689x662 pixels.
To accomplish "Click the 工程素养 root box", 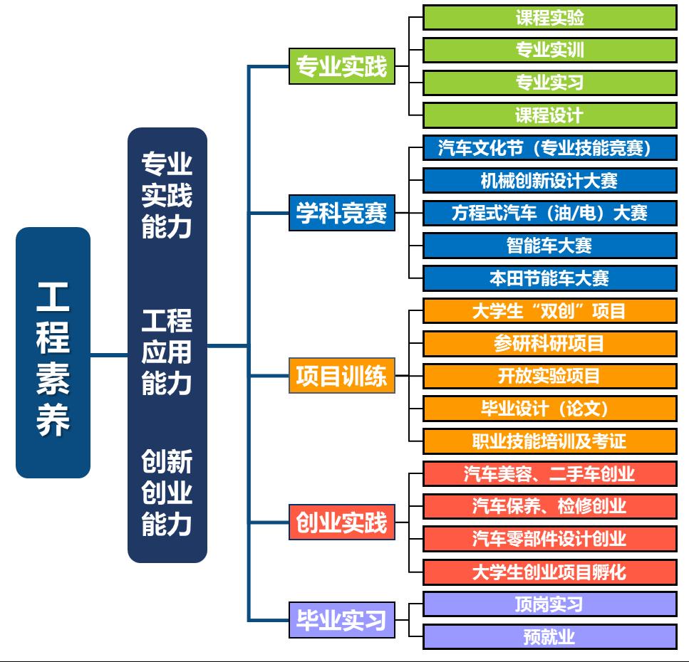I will click(53, 352).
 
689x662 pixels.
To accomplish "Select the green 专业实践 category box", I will click(341, 67).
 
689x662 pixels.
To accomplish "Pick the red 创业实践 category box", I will click(341, 523).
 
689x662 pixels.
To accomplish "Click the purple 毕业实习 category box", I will click(341, 620).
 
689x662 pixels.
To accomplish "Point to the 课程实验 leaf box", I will click(549, 18).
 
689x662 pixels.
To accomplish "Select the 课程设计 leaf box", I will click(549, 115).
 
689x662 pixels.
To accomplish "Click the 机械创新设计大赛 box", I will click(549, 181).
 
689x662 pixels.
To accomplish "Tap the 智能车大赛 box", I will click(549, 246).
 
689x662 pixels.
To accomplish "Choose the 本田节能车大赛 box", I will click(549, 278).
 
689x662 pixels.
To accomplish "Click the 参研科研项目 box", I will click(549, 344).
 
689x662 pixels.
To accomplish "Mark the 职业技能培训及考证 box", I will click(549, 441).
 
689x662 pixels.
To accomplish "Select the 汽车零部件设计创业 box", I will click(549, 539).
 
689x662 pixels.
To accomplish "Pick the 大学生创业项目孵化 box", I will click(549, 572).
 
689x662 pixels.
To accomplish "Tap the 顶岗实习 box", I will click(549, 604).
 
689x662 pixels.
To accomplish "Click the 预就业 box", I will click(549, 636).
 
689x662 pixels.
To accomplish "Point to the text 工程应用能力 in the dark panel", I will click(167, 352).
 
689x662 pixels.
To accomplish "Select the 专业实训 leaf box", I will click(549, 50).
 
